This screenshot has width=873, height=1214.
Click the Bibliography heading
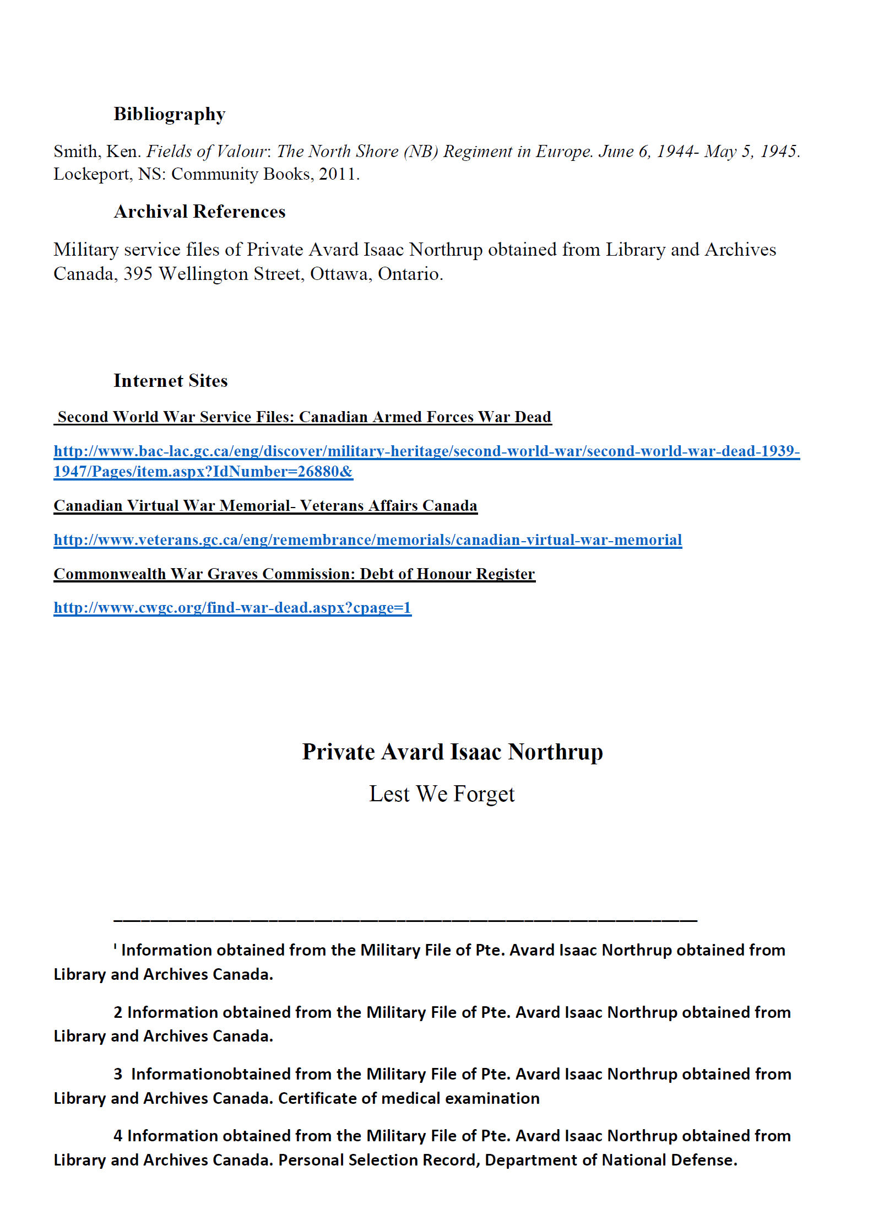pyautogui.click(x=170, y=114)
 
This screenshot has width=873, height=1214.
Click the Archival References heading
pyautogui.click(x=199, y=212)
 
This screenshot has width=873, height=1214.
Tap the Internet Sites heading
pyautogui.click(x=170, y=381)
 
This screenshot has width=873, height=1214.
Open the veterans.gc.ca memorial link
pyautogui.click(x=367, y=540)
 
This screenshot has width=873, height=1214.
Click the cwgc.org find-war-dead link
pyautogui.click(x=232, y=608)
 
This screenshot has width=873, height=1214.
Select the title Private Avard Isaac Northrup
pyautogui.click(x=452, y=752)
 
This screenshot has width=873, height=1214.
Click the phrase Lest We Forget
pyautogui.click(x=441, y=794)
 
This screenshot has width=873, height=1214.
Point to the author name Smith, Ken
pyautogui.click(x=97, y=152)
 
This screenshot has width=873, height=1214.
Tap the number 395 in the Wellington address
pyautogui.click(x=138, y=274)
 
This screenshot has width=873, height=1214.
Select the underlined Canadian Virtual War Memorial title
pyautogui.click(x=265, y=506)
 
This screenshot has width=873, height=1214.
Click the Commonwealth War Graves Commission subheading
pyautogui.click(x=294, y=574)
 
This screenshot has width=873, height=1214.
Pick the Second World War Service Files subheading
pyautogui.click(x=304, y=417)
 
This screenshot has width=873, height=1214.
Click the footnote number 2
pyautogui.click(x=118, y=1012)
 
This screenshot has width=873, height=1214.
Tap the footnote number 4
pyautogui.click(x=118, y=1136)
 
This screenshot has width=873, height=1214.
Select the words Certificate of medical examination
pyautogui.click(x=409, y=1098)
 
